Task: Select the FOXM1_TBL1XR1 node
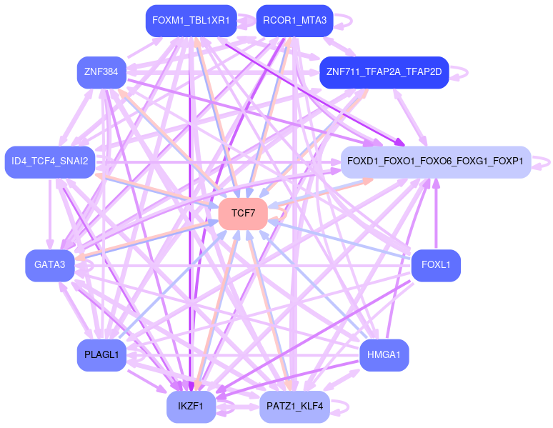pyautogui.click(x=191, y=21)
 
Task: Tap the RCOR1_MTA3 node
pyautogui.click(x=294, y=21)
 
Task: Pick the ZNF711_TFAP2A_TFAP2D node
pyautogui.click(x=384, y=72)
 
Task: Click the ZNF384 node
pyautogui.click(x=101, y=72)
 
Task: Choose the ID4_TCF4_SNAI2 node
pyautogui.click(x=49, y=162)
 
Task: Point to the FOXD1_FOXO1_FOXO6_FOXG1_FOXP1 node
pyautogui.click(x=435, y=162)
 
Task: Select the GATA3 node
pyautogui.click(x=49, y=265)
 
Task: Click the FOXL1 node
pyautogui.click(x=436, y=265)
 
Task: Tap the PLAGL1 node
pyautogui.click(x=101, y=355)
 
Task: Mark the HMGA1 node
pyautogui.click(x=384, y=355)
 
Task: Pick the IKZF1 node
pyautogui.click(x=191, y=407)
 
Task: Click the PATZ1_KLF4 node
pyautogui.click(x=294, y=407)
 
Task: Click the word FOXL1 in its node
pyautogui.click(x=436, y=265)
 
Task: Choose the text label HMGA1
pyautogui.click(x=384, y=355)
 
